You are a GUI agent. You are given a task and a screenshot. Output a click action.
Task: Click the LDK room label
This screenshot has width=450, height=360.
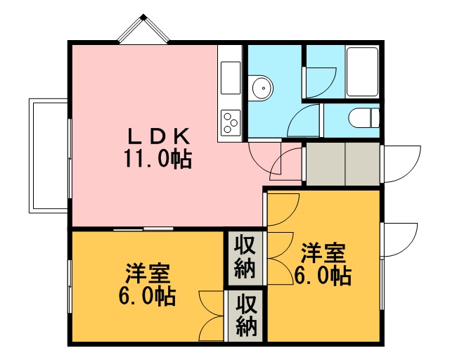click(159, 136)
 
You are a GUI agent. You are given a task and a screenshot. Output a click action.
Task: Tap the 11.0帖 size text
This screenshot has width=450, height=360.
click(157, 159)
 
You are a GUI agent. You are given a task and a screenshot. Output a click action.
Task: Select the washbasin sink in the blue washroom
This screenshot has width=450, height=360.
click(260, 88)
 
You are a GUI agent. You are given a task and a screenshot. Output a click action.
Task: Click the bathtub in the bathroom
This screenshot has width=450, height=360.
click(362, 72)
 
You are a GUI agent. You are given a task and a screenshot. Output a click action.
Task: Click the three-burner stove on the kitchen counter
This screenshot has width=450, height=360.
click(231, 122)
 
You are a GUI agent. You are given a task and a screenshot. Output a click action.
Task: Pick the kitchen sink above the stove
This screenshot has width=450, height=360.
click(231, 77)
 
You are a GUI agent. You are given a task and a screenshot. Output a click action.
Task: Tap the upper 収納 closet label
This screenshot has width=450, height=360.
click(245, 258)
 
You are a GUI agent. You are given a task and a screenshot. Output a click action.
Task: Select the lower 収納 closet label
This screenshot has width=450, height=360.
click(246, 315)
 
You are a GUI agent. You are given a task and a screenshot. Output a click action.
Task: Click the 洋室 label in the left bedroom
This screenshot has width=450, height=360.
click(148, 274)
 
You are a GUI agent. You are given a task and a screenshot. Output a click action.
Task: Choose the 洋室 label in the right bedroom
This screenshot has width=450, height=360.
click(323, 253)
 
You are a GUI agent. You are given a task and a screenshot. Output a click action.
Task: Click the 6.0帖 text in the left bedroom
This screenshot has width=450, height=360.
click(147, 297)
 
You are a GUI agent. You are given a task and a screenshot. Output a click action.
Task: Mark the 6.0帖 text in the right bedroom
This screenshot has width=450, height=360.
click(322, 276)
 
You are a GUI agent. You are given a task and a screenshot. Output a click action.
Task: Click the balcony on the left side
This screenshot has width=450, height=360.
click(49, 155)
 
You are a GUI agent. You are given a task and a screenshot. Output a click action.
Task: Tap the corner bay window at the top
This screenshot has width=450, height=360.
click(143, 29)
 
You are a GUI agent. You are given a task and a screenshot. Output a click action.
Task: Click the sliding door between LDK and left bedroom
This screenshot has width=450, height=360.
click(143, 229)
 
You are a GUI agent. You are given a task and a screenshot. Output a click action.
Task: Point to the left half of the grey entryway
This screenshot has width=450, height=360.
click(326, 164)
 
